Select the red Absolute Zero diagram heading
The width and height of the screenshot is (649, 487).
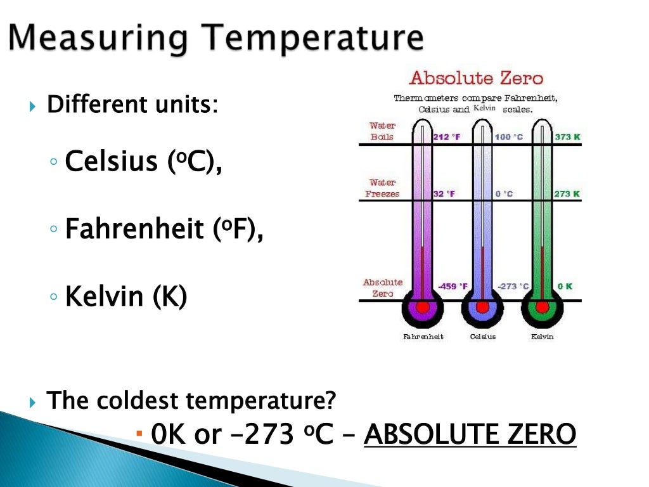[476, 79]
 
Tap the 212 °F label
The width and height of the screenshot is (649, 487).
[447, 137]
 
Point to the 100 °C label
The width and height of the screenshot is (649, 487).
[509, 137]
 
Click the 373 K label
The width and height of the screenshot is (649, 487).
[567, 137]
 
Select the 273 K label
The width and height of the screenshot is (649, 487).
[567, 194]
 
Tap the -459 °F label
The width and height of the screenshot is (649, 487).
[453, 286]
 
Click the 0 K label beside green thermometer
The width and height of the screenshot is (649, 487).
[565, 286]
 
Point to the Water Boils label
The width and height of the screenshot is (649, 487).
[382, 131]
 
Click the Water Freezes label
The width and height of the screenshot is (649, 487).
[382, 188]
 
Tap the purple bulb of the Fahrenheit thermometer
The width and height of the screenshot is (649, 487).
[423, 308]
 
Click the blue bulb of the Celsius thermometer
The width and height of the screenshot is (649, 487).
[482, 308]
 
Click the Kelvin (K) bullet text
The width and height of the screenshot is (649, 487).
[126, 296]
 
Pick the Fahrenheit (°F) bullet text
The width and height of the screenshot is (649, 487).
[164, 229]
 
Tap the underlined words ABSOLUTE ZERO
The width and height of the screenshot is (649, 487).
[470, 435]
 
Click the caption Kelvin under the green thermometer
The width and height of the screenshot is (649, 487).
[542, 337]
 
